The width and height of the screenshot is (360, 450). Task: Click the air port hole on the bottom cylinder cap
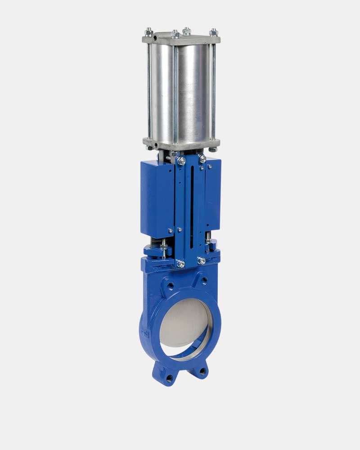click(154, 144)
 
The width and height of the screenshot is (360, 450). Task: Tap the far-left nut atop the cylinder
click(148, 32)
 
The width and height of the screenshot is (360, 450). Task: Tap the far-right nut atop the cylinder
click(214, 32)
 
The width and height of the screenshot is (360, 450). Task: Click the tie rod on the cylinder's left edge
click(148, 90)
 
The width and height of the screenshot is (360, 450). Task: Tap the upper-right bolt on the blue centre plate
click(202, 158)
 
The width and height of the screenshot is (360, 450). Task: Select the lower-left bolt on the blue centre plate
click(180, 264)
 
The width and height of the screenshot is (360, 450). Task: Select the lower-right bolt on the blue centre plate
click(202, 261)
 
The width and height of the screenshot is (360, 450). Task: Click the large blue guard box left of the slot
click(157, 198)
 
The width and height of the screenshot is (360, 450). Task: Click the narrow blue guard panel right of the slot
click(213, 198)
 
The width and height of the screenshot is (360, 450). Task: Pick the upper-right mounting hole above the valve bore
click(205, 281)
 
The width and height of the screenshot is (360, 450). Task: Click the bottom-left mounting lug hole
click(170, 378)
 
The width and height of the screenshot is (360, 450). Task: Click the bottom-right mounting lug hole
click(202, 372)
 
